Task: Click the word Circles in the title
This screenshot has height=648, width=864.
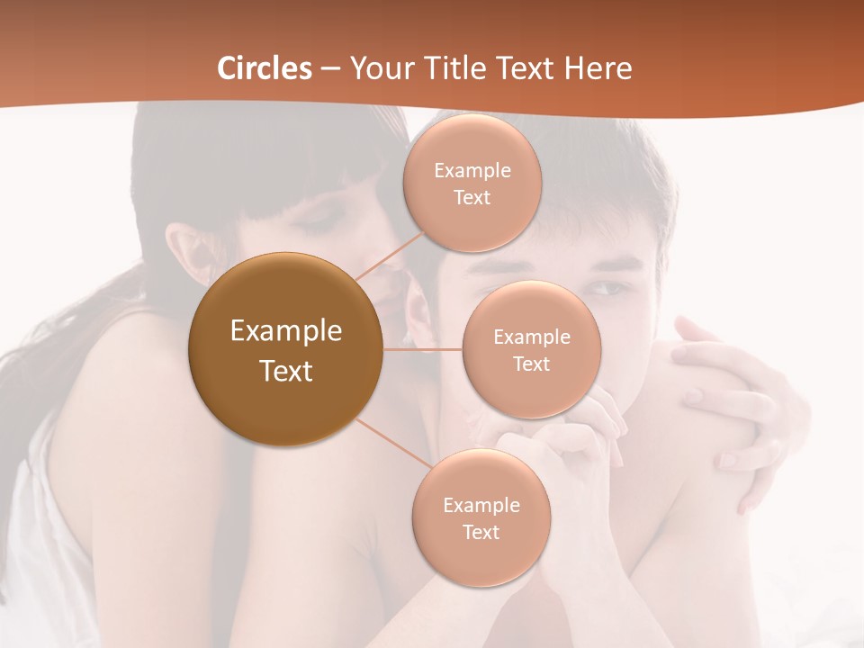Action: (264, 68)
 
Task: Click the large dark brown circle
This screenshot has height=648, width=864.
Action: (285, 349)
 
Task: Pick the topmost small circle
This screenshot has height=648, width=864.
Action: (472, 183)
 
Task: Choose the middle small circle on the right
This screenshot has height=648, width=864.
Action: (531, 349)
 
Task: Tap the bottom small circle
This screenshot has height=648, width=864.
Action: (481, 517)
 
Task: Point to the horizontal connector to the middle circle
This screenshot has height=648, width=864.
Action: (423, 349)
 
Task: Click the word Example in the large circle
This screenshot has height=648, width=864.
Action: (286, 331)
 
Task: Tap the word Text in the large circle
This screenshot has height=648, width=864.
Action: (286, 371)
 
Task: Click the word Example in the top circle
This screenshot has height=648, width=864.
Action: (472, 171)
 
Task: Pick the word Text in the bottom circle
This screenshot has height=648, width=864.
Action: (481, 532)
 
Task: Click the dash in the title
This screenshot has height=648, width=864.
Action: (329, 68)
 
